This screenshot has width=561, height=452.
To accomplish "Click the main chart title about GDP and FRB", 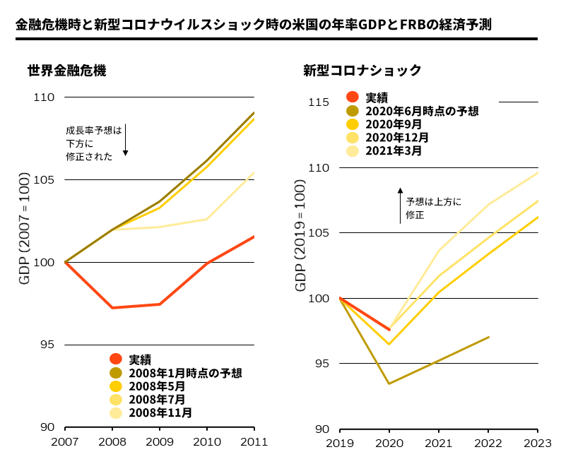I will pyautogui.click(x=253, y=25).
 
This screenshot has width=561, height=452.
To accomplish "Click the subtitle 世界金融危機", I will pyautogui.click(x=67, y=71).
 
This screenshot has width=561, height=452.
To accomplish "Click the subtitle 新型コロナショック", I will pyautogui.click(x=362, y=71).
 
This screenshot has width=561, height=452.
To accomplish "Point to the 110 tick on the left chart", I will pyautogui.click(x=45, y=97).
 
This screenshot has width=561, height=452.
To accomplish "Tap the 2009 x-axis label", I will pyautogui.click(x=159, y=442).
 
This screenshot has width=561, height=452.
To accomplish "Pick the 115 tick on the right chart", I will pyautogui.click(x=319, y=102).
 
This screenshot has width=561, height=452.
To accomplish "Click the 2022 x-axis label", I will pyautogui.click(x=488, y=443).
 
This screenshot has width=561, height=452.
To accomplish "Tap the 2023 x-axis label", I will pyautogui.click(x=538, y=443).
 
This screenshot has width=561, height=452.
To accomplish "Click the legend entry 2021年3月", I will pyautogui.click(x=394, y=150).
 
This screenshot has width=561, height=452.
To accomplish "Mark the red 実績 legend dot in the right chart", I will pyautogui.click(x=353, y=97).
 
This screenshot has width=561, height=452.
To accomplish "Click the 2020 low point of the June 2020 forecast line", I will pyautogui.click(x=389, y=383).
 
